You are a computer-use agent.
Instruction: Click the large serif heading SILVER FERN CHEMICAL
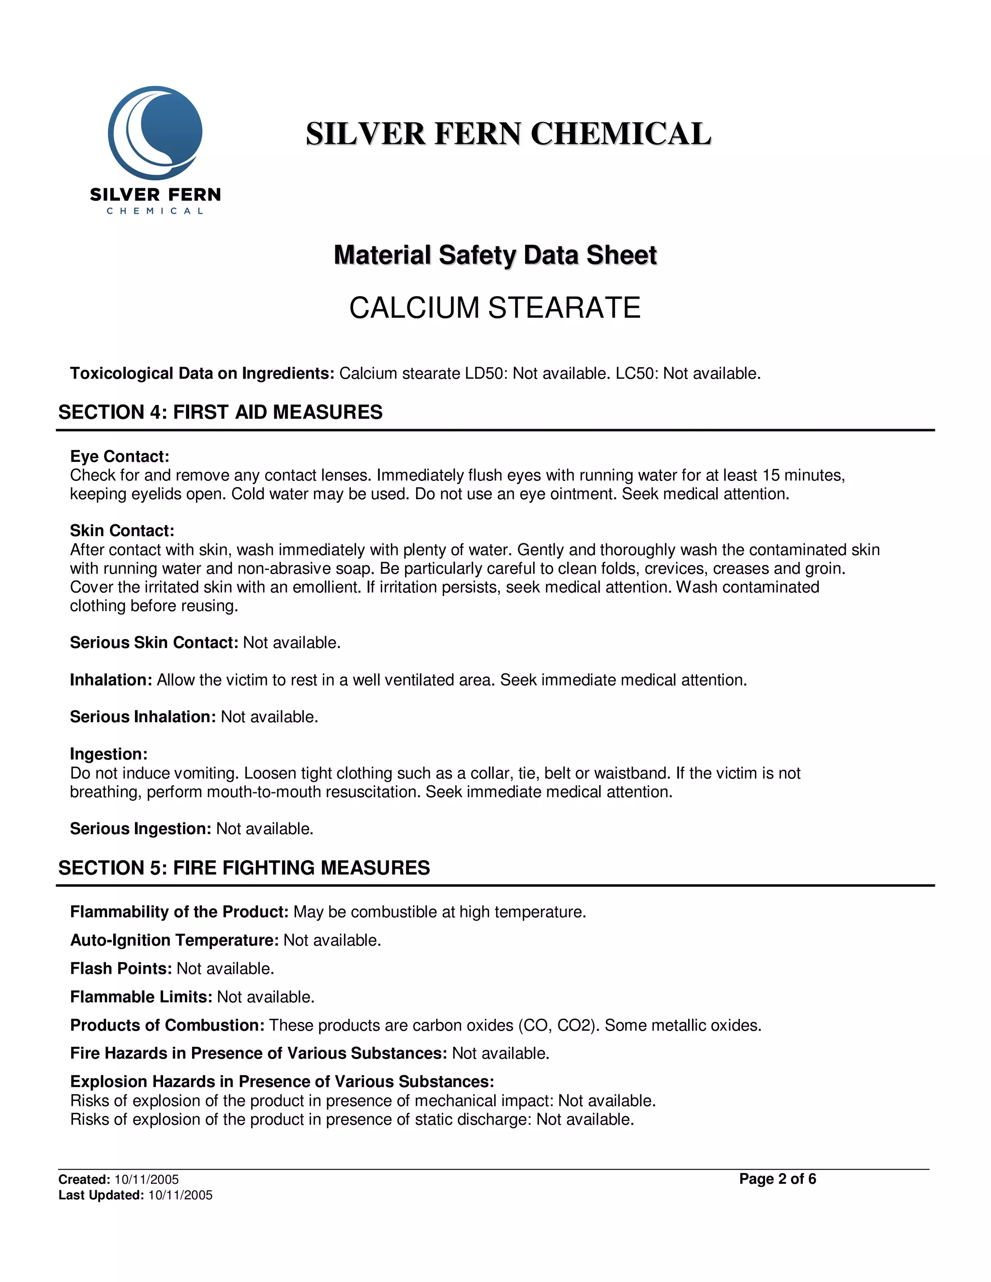click(x=509, y=134)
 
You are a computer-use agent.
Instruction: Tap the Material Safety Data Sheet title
click(x=495, y=255)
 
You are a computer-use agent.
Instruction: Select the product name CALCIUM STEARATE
click(x=495, y=308)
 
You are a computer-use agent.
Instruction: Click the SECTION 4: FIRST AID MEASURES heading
click(x=220, y=412)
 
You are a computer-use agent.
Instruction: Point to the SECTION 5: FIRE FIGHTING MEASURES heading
click(x=244, y=867)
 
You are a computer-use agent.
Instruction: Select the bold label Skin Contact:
click(x=122, y=531)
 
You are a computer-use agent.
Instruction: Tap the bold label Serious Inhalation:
click(x=143, y=717)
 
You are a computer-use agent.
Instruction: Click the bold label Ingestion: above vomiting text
click(x=108, y=754)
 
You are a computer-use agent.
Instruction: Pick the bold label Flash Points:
click(x=121, y=969)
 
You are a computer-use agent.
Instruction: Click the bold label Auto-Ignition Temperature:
click(x=174, y=940)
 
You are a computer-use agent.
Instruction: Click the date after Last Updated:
click(x=180, y=1195)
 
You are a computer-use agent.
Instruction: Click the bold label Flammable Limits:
click(x=141, y=997)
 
